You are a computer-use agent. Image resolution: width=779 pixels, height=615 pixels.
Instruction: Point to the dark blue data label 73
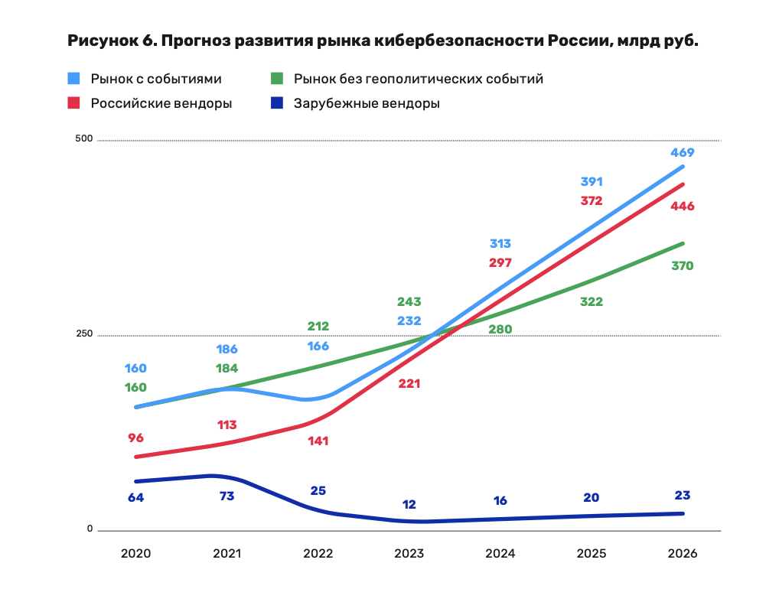[x=227, y=496]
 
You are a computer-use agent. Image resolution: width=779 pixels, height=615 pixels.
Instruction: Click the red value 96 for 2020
[x=135, y=438]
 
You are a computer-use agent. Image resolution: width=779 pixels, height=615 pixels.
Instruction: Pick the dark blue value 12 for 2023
[x=409, y=505]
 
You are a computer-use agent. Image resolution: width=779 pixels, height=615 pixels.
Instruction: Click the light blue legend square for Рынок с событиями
[x=74, y=79]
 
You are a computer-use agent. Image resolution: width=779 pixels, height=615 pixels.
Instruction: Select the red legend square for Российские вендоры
[x=74, y=102]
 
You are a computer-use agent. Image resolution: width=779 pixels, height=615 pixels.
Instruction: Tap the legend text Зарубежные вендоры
[x=367, y=103]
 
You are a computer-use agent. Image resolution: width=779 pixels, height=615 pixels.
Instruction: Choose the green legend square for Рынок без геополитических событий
[x=279, y=79]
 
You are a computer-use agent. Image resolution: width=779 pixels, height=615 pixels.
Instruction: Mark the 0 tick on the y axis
[x=89, y=529]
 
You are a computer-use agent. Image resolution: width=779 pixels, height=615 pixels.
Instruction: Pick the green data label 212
[x=318, y=327]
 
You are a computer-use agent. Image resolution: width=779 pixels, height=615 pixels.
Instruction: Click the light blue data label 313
[x=500, y=244]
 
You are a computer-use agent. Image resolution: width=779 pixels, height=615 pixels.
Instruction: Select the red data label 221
[x=409, y=384]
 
